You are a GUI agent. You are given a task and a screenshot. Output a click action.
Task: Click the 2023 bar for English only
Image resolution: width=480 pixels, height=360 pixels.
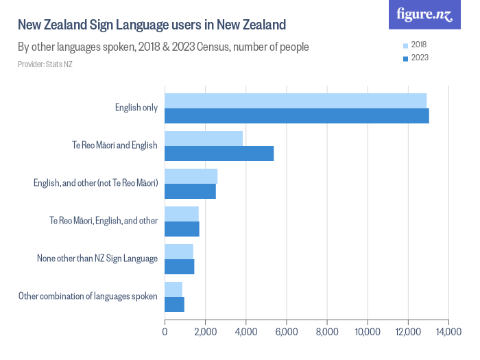pyautogui.click(x=296, y=116)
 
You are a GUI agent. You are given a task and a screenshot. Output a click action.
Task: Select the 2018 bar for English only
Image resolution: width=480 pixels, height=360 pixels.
pyautogui.click(x=295, y=101)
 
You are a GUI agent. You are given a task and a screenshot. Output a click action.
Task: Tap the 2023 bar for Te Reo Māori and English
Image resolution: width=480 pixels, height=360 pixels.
pyautogui.click(x=219, y=154)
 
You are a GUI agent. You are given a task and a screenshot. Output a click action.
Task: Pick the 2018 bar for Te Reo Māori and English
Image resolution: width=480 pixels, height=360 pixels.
pyautogui.click(x=204, y=139)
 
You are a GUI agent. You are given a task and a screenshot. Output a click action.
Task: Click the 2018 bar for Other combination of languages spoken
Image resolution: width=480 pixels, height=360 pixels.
pyautogui.click(x=173, y=289)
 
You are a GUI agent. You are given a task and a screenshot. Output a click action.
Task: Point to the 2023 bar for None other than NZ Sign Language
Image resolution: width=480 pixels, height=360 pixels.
pyautogui.click(x=179, y=267)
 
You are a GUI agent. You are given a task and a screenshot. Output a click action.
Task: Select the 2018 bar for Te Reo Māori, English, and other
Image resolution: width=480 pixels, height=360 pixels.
pyautogui.click(x=181, y=214)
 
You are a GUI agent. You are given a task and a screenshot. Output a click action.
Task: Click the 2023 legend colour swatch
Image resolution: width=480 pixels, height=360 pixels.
pyautogui.click(x=405, y=58)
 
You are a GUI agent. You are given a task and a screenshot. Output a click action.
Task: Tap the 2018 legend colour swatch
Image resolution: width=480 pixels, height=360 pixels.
pyautogui.click(x=405, y=45)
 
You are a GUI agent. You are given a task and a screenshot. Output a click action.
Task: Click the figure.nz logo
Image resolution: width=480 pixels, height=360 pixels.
pyautogui.click(x=424, y=14)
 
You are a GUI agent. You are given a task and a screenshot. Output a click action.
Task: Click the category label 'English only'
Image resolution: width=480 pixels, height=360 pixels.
pyautogui.click(x=136, y=108)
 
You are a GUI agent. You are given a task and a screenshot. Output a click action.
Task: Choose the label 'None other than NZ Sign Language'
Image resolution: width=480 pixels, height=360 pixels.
pyautogui.click(x=97, y=259)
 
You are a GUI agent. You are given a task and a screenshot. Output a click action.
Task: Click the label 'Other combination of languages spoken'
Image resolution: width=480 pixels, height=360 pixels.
pyautogui.click(x=88, y=296)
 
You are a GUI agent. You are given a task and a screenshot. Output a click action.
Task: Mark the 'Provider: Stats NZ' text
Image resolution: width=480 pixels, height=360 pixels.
pyautogui.click(x=45, y=64)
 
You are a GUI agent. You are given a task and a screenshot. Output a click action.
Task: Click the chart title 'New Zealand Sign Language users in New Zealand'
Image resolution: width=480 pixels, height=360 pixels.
pyautogui.click(x=152, y=26)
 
